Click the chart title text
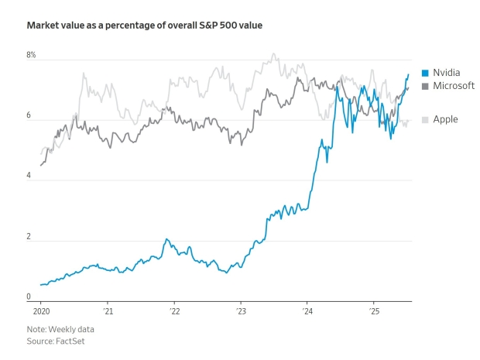[x=144, y=26]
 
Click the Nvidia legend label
[x=446, y=73]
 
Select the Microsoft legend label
[x=454, y=85]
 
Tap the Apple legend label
[x=445, y=119]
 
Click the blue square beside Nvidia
[x=425, y=73]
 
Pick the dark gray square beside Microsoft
[x=425, y=85]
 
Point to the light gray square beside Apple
[x=425, y=119]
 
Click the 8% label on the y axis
[x=31, y=56]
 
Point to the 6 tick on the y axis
[x=29, y=116]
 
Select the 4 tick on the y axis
[x=29, y=176]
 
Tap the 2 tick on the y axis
[x=29, y=236]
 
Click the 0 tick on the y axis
[x=29, y=297]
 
